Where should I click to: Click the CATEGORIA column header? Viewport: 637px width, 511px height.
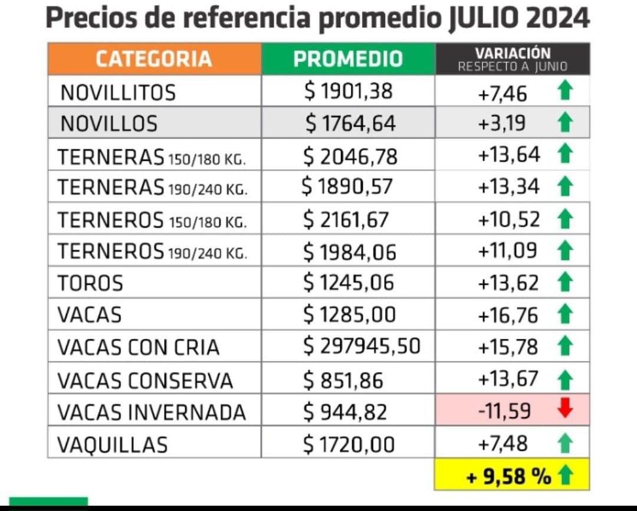click(x=153, y=59)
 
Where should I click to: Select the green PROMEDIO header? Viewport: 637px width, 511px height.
click(x=348, y=59)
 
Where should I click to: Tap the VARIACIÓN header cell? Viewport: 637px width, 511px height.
click(x=513, y=59)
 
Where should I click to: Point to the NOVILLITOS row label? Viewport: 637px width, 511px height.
click(x=118, y=93)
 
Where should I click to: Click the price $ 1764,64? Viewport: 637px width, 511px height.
click(x=350, y=124)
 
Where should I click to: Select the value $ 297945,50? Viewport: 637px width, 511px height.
click(x=362, y=346)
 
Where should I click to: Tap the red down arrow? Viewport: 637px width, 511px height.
click(x=565, y=409)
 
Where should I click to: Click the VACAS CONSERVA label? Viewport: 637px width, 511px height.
click(x=145, y=381)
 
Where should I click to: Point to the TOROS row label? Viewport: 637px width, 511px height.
click(x=90, y=283)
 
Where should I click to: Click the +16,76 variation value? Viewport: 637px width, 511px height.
click(x=508, y=315)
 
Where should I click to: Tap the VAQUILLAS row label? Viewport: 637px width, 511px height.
click(x=112, y=444)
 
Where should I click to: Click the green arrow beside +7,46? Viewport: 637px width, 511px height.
click(x=565, y=92)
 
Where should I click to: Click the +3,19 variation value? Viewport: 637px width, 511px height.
click(x=502, y=124)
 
